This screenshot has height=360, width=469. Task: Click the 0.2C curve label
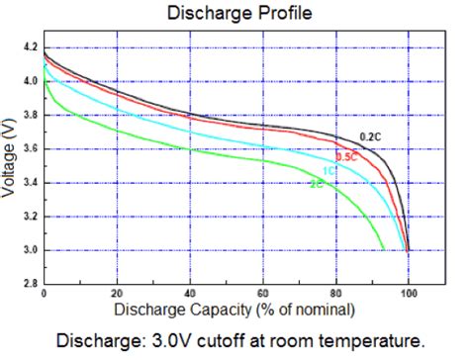pyautogui.click(x=370, y=136)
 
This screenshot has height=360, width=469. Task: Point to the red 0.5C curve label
pyautogui.click(x=346, y=156)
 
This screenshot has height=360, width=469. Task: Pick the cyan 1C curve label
pyautogui.click(x=328, y=171)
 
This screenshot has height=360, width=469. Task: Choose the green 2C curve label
pyautogui.click(x=316, y=184)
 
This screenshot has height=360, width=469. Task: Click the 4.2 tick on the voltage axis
pyautogui.click(x=30, y=46)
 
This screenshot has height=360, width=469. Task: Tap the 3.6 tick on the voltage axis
pyautogui.click(x=30, y=148)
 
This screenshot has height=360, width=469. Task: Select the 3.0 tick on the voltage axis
pyautogui.click(x=30, y=250)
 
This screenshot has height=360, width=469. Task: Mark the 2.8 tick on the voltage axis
pyautogui.click(x=30, y=284)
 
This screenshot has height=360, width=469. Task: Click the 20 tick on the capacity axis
pyautogui.click(x=118, y=295)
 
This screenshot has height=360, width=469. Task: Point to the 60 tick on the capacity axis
pyautogui.click(x=263, y=295)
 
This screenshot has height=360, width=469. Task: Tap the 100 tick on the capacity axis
pyautogui.click(x=409, y=295)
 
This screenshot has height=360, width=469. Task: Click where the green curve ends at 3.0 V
pyautogui.click(x=384, y=249)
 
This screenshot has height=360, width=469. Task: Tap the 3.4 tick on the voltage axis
pyautogui.click(x=30, y=182)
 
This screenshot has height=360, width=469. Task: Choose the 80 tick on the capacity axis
pyautogui.click(x=336, y=295)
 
